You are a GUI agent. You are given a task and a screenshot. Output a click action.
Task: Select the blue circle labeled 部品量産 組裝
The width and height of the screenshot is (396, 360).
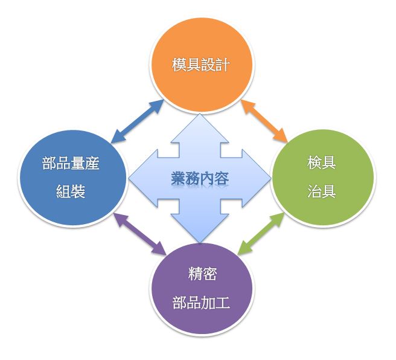pyautogui.click(x=72, y=178)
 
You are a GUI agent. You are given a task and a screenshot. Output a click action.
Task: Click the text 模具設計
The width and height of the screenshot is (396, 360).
pyautogui.click(x=201, y=65)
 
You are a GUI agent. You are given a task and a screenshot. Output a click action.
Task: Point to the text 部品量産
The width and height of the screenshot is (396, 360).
pyautogui.click(x=71, y=163)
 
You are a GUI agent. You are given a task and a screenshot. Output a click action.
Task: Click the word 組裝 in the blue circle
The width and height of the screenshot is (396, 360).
pyautogui.click(x=71, y=191)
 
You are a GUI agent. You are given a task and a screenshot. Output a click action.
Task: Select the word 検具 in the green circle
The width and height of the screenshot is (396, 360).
pyautogui.click(x=322, y=162)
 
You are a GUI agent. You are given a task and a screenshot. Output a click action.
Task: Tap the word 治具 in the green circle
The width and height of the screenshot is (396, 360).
pyautogui.click(x=322, y=191)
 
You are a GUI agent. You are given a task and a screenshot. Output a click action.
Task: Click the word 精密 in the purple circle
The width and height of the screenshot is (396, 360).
pyautogui.click(x=203, y=274)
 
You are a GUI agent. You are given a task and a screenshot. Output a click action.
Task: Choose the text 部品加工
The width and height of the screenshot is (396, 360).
pyautogui.click(x=201, y=303)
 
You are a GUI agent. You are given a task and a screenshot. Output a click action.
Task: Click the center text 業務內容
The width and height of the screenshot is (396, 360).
pyautogui.click(x=200, y=179)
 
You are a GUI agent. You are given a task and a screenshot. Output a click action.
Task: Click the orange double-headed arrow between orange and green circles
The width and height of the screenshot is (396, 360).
pyautogui.click(x=264, y=120)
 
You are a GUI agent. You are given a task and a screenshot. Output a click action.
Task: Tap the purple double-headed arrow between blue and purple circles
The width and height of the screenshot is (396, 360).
pyautogui.click(x=139, y=233)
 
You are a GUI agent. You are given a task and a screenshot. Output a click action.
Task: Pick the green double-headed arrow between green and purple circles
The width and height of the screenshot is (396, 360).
pyautogui.click(x=261, y=233)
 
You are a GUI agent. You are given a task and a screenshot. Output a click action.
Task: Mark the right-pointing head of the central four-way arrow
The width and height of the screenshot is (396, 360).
pyautogui.click(x=257, y=179)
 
